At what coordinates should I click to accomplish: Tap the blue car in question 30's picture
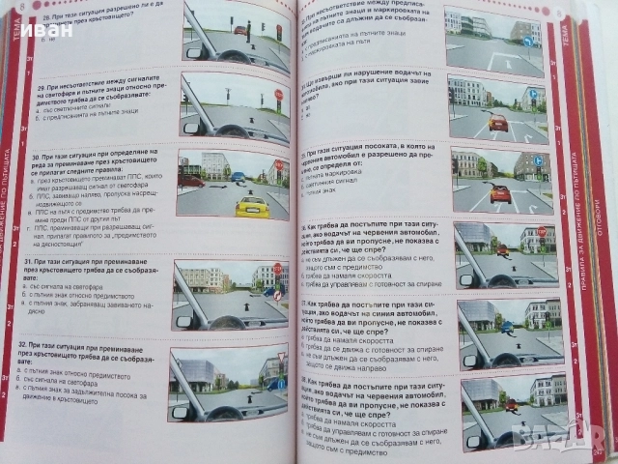click(x=237, y=177)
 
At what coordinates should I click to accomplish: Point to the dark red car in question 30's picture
click(x=192, y=180)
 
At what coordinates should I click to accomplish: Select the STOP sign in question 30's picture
click(x=278, y=165)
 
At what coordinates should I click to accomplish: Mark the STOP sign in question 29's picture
click(x=278, y=95)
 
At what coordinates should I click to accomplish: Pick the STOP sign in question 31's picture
click(x=277, y=269)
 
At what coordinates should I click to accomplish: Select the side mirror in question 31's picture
click(x=183, y=320)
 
